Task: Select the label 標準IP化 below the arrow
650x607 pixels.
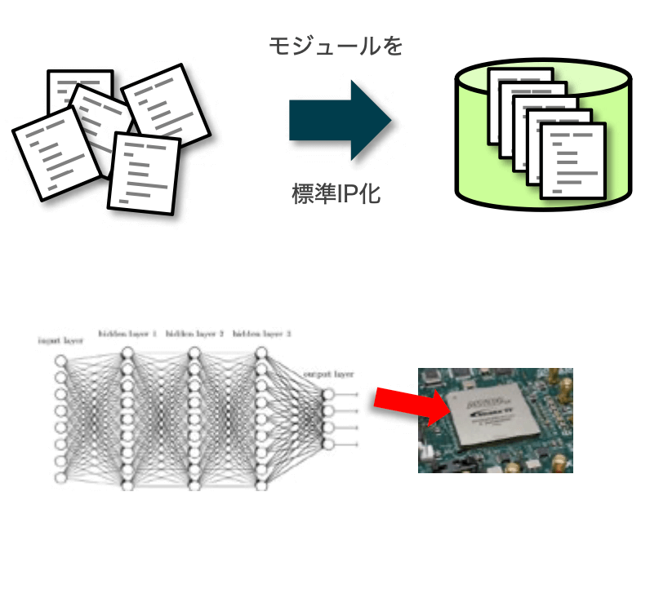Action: click(336, 194)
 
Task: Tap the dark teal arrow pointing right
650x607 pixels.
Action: click(340, 120)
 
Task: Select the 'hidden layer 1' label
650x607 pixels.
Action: click(127, 334)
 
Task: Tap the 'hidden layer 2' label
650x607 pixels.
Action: click(194, 334)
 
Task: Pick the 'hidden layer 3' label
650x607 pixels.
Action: click(261, 334)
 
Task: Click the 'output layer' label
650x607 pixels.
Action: click(328, 374)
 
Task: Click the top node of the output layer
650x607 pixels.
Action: click(328, 395)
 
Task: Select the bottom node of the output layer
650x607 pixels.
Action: click(328, 444)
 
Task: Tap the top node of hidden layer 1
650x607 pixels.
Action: click(127, 353)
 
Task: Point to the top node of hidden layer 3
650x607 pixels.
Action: click(261, 353)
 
